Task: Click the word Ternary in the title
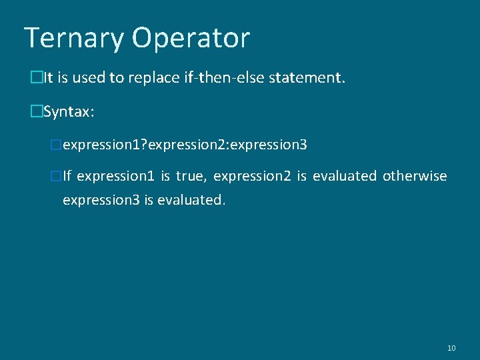74,38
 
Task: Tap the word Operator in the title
191,39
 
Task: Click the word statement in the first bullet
307,79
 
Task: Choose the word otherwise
415,176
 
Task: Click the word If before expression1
67,176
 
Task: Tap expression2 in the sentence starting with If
253,177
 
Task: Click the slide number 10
451,348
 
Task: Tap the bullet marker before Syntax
36,112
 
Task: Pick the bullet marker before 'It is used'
36,79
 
